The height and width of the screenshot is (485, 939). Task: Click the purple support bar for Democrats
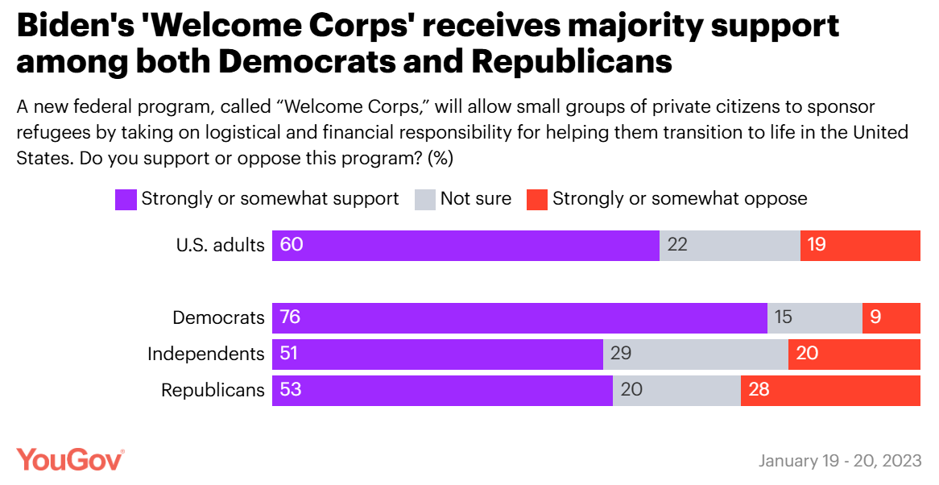pos(519,317)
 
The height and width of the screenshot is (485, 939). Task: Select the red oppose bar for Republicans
pos(830,390)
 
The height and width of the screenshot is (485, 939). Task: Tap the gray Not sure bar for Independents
pos(696,354)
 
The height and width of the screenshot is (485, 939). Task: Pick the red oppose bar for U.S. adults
pos(860,245)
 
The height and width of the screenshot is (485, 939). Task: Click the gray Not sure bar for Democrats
pos(814,317)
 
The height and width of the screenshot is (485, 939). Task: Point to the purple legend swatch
pos(126,199)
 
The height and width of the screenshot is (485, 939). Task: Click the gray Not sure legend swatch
pos(425,199)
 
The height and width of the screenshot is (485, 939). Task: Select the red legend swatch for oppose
pos(537,199)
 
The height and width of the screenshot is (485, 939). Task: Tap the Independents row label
pos(205,354)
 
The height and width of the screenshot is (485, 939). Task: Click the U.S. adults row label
pos(220,245)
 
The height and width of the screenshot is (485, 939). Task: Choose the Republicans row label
pos(213,390)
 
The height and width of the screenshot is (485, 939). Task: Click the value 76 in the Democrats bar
pos(290,317)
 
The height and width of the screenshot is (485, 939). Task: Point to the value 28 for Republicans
pos(759,390)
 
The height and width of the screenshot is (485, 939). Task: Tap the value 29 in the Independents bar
pos(621,354)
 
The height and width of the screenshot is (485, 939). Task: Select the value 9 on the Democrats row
pos(875,317)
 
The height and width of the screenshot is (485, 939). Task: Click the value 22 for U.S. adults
pos(677,245)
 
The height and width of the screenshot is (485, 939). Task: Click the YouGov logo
pos(71,459)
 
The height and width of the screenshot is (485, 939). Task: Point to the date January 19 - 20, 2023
pos(840,461)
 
